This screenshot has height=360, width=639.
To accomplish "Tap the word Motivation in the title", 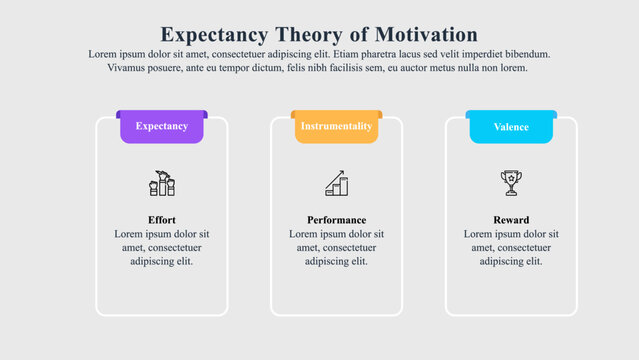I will click(x=420, y=34).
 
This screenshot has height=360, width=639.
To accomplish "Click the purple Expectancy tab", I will click(x=161, y=127).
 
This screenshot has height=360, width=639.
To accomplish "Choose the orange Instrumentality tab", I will click(x=336, y=127).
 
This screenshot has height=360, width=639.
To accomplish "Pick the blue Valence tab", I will click(x=511, y=127).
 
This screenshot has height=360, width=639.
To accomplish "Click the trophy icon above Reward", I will click(x=511, y=183).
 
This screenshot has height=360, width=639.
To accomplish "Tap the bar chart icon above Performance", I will click(x=336, y=183).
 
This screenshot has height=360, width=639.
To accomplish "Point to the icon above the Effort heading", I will click(x=161, y=183).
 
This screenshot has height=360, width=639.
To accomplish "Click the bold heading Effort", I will click(x=161, y=220).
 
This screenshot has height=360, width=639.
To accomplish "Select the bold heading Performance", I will click(x=336, y=220).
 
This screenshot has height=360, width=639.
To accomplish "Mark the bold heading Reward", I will click(x=511, y=220).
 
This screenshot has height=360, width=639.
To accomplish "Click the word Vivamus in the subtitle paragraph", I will click(x=129, y=68).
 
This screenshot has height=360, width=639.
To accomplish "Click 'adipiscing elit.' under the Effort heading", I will click(x=161, y=262).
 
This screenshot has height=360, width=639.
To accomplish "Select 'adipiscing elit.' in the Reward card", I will click(x=511, y=262).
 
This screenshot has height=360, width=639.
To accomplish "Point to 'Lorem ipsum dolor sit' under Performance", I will click(x=336, y=234).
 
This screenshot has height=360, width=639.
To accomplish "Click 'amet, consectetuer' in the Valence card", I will click(x=511, y=248).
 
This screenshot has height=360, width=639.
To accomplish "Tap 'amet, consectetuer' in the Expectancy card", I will click(x=161, y=248).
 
